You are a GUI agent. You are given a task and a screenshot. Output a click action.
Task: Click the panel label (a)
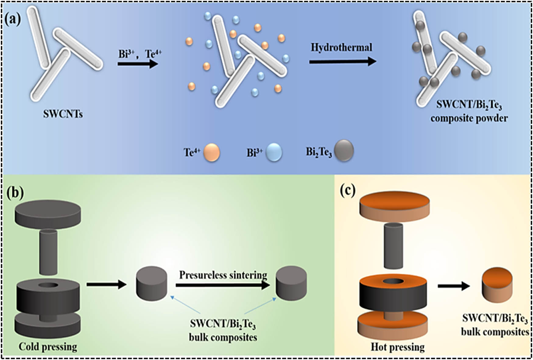13,20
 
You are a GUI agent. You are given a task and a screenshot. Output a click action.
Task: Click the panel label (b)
15,193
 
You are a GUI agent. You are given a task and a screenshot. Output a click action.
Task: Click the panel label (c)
348,191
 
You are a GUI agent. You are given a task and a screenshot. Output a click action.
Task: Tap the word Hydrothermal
341,47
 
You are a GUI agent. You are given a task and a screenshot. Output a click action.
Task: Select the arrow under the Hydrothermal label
342,62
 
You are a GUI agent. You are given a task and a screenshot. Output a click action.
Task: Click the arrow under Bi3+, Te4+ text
138,64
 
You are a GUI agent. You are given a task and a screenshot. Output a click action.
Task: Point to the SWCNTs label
63,114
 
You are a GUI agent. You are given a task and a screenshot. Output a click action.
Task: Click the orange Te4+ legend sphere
211,152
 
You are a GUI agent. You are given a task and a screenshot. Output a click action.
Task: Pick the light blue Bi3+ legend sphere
274,152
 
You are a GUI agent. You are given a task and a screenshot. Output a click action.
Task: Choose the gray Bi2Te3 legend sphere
344,150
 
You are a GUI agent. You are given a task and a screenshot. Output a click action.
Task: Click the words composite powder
469,118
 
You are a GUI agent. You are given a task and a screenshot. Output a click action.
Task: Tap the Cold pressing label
48,347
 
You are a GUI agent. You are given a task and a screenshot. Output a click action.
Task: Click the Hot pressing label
397,347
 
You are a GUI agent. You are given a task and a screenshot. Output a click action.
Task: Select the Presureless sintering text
223,275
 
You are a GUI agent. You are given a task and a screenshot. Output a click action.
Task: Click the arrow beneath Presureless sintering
223,285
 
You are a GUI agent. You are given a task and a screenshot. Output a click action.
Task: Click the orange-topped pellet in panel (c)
497,285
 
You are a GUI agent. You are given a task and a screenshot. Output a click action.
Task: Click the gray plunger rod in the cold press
48,252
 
